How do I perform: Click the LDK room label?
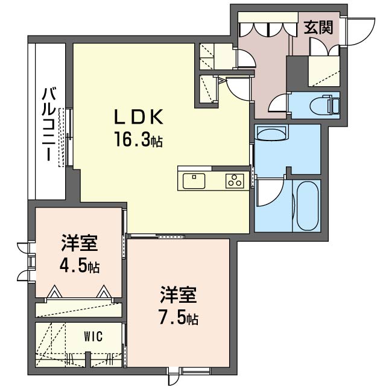(x=139, y=116)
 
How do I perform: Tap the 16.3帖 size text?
(x=139, y=139)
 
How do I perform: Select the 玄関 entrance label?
(x=318, y=27)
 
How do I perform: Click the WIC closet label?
(x=93, y=337)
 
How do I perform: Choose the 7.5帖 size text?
(x=179, y=318)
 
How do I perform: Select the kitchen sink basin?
(x=194, y=181)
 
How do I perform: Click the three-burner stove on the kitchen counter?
(x=235, y=181)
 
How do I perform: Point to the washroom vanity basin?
(x=271, y=133)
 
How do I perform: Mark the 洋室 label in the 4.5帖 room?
(x=80, y=243)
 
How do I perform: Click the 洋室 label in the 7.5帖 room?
(x=179, y=295)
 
